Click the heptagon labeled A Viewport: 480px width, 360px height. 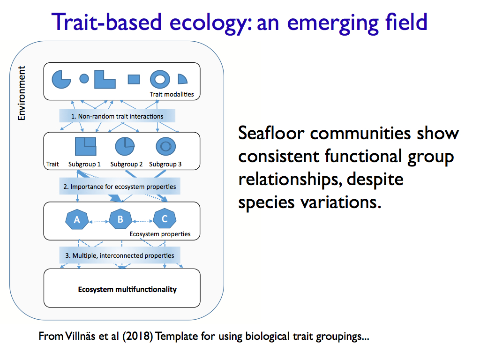pos(77,219)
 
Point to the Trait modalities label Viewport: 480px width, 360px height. pos(172,94)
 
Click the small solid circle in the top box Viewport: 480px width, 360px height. pos(84,79)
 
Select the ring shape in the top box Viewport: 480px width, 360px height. pos(160,79)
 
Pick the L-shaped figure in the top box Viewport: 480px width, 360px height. pos(104,80)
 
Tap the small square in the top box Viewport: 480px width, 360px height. pos(134,79)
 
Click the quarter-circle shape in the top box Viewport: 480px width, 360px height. pos(182,79)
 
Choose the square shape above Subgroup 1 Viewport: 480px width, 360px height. pos(86,146)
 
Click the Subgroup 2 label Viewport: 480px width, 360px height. pos(127,165)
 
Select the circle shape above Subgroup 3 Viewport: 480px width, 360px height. pos(165,146)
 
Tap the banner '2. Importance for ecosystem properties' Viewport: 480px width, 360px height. pos(120,187)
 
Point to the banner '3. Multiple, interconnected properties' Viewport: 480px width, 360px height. pos(120,255)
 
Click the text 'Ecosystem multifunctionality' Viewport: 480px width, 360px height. pos(127,289)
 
